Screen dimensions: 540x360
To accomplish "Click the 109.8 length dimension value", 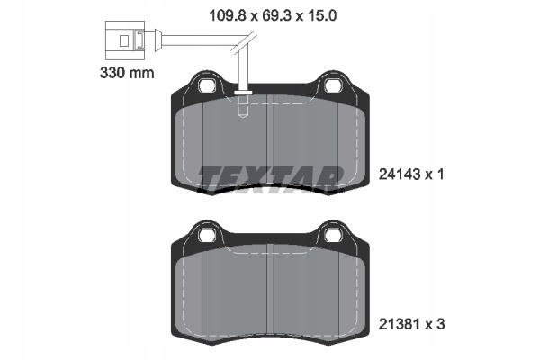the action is point(228,15).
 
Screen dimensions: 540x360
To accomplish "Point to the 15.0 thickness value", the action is point(321,15).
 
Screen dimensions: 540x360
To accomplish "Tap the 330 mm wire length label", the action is point(127,73).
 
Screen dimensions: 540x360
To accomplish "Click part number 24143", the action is point(400,175).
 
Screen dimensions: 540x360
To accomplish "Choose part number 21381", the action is point(399,324).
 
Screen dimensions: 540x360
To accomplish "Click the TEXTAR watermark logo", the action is point(271,178).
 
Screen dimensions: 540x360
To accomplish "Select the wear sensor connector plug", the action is point(126,40).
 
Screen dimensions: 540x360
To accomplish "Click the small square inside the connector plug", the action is point(124,41).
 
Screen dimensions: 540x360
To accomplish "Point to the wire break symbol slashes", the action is point(243,42).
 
